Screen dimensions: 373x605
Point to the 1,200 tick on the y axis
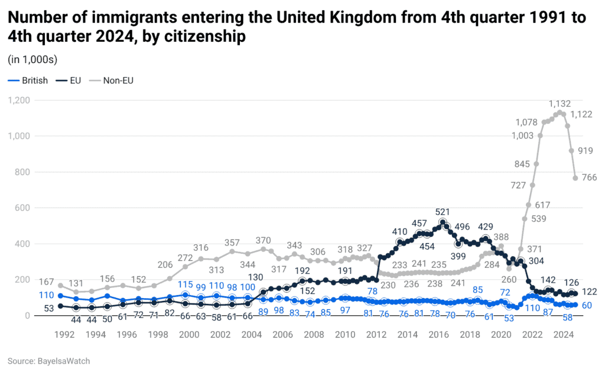18,100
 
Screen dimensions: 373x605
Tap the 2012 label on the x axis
376,335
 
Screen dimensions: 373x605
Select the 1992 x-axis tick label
64,335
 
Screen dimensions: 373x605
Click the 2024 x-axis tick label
564,335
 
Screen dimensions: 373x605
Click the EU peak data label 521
443,211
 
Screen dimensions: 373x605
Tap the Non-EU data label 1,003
523,135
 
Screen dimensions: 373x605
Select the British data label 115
186,284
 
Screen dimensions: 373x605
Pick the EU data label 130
255,278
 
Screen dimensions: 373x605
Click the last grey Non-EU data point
575,178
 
